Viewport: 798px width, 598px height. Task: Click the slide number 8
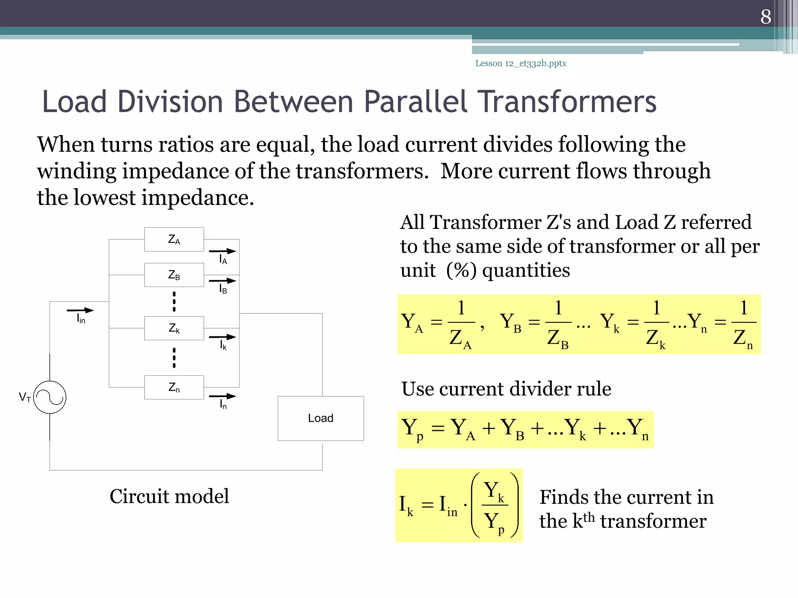(x=766, y=17)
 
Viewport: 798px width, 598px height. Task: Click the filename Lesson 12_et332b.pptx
(x=521, y=63)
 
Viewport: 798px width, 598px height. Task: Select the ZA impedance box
(x=174, y=239)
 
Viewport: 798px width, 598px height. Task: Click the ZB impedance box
(x=174, y=275)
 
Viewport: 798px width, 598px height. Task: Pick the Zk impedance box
(x=174, y=328)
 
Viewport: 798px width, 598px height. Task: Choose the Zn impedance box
(x=174, y=387)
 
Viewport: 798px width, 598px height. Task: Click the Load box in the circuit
(x=321, y=418)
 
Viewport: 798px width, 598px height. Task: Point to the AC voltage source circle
(x=50, y=397)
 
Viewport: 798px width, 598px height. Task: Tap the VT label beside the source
(x=25, y=397)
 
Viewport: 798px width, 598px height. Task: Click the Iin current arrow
(x=80, y=310)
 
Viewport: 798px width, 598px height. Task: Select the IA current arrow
(x=222, y=251)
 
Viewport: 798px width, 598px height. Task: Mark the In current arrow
(x=222, y=396)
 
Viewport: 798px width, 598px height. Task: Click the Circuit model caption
(x=169, y=496)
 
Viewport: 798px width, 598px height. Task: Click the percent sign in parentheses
(x=461, y=270)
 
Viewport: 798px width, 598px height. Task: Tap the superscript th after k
(x=589, y=517)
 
